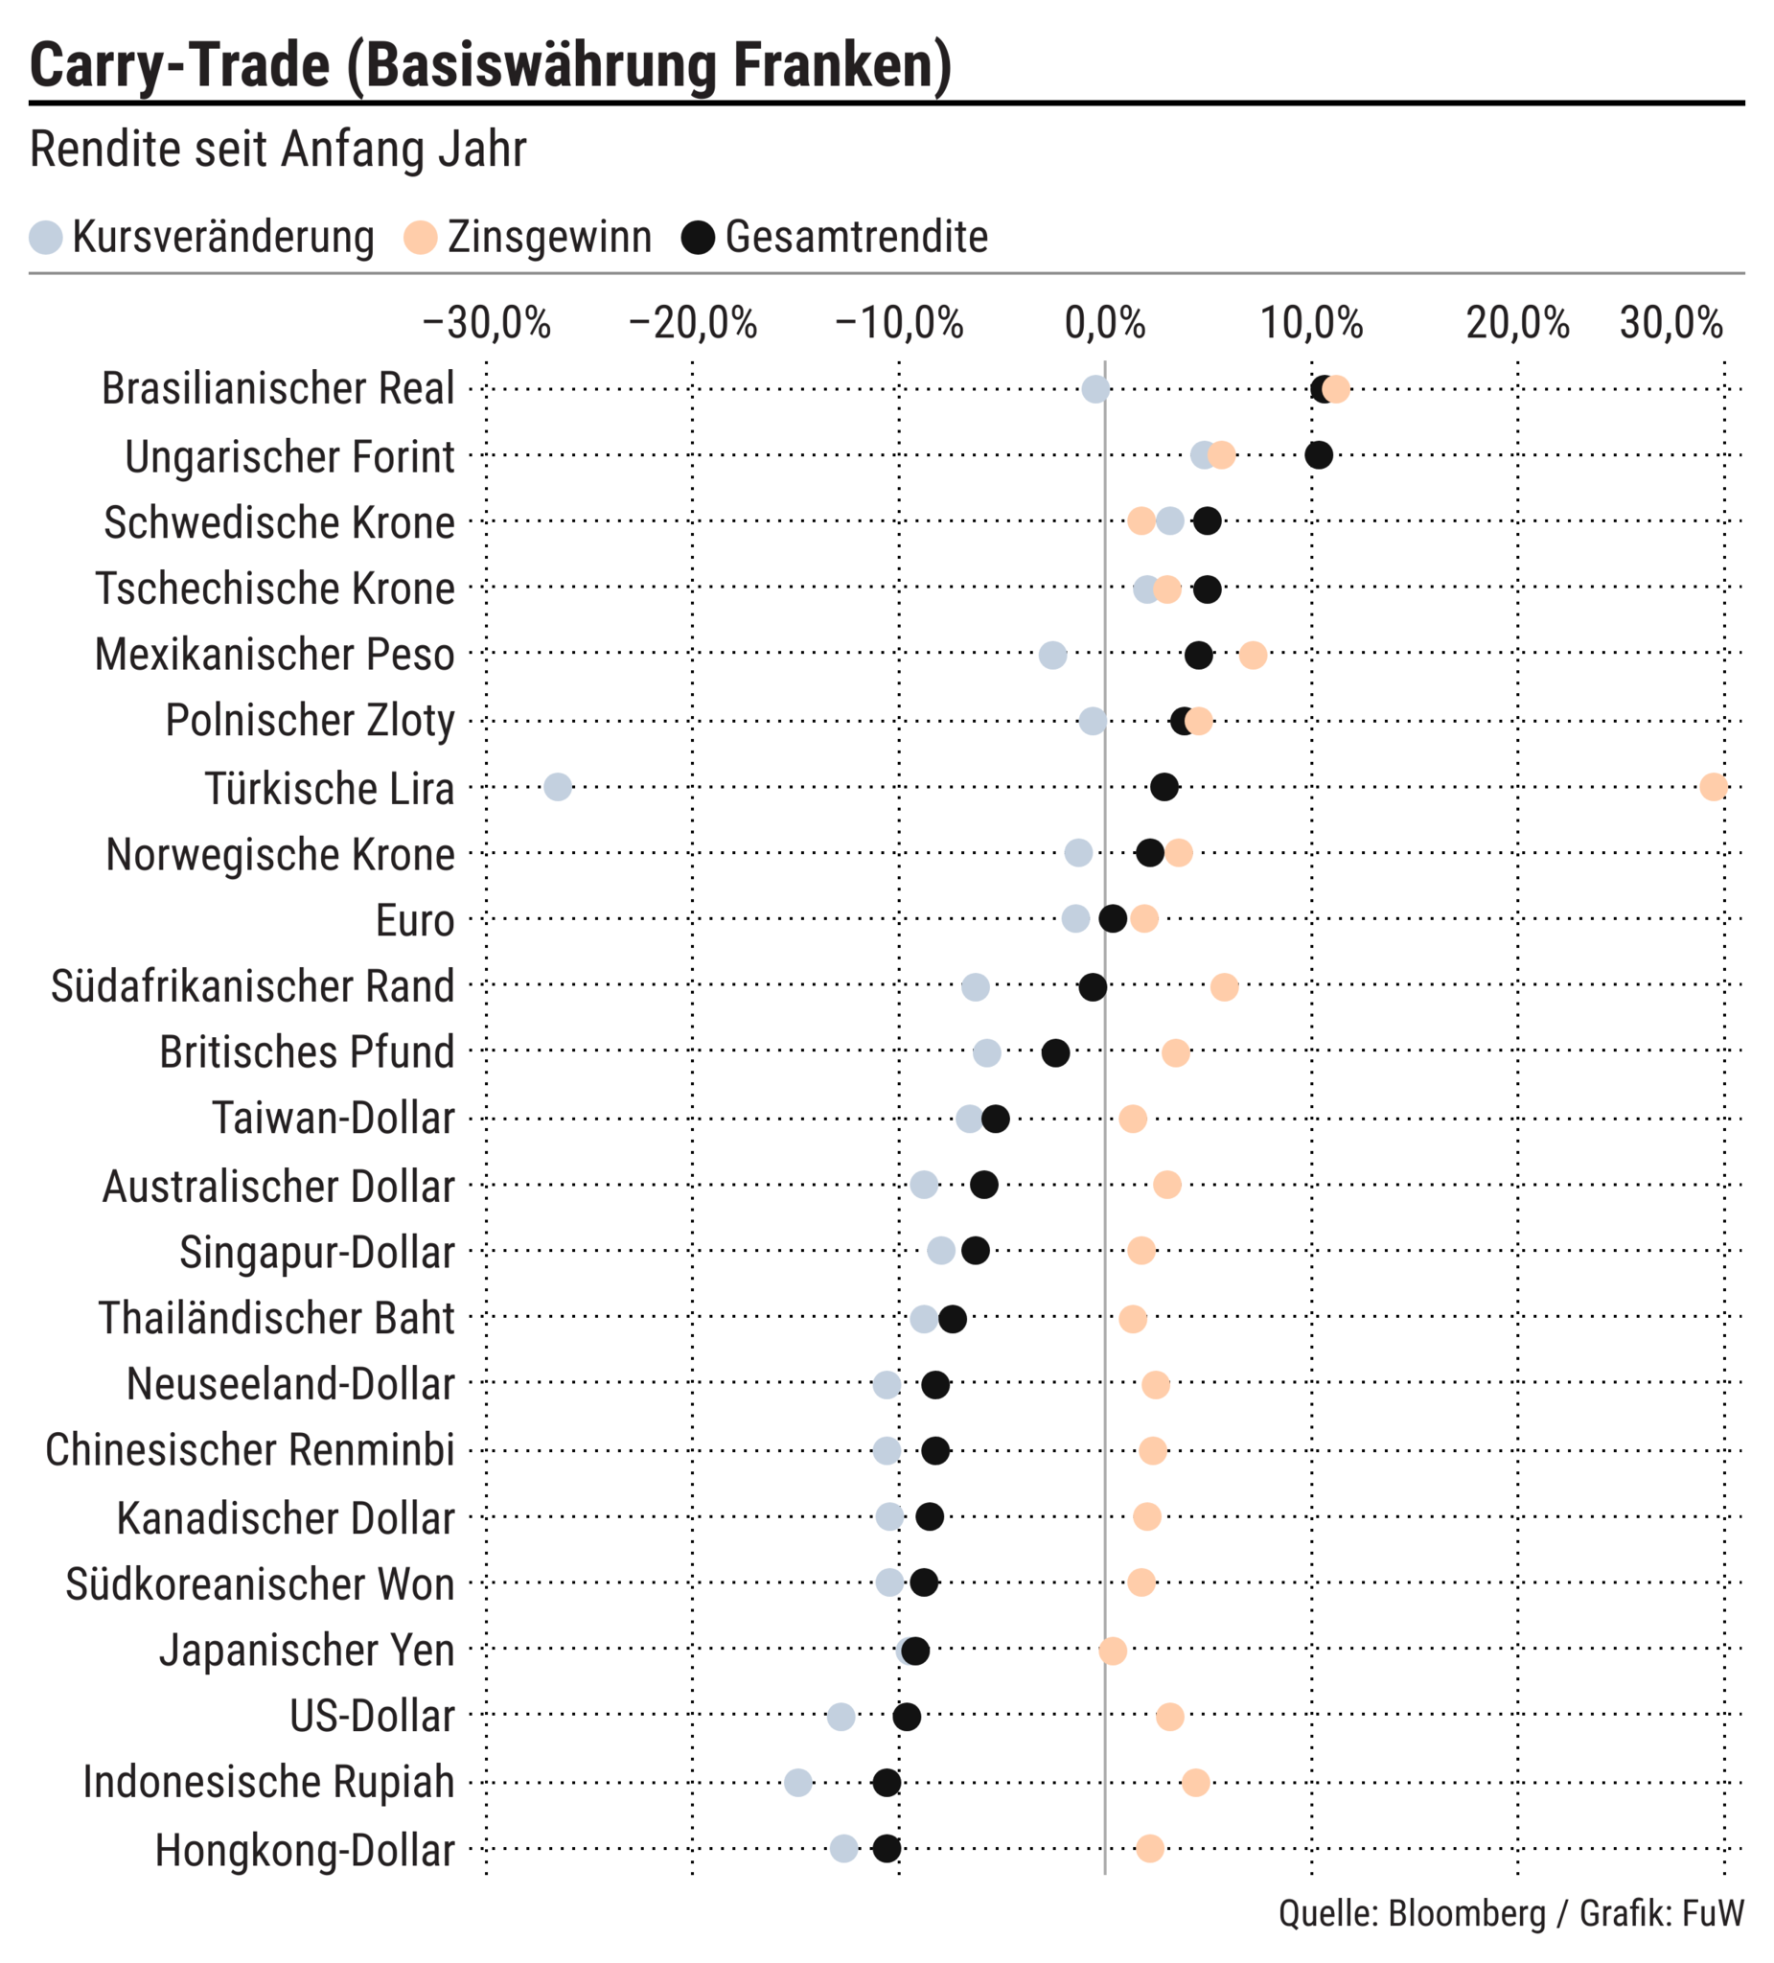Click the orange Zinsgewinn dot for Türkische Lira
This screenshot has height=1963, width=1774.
tap(1713, 787)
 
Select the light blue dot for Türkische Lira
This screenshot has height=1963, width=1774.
tap(558, 787)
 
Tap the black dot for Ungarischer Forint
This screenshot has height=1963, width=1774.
tap(1319, 454)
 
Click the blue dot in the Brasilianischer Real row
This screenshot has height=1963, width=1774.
tap(1095, 389)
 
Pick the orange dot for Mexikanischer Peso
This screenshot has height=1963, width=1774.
tap(1253, 656)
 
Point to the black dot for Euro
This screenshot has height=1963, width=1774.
tap(1113, 918)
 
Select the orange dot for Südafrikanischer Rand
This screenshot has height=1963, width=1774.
tap(1224, 987)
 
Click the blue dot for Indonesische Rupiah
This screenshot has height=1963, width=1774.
tap(798, 1783)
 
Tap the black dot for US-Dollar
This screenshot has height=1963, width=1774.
tap(907, 1717)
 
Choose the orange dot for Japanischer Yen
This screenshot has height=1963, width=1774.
tap(1113, 1651)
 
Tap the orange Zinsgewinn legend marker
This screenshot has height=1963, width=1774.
tap(421, 238)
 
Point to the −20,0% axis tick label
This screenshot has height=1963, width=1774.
tap(692, 323)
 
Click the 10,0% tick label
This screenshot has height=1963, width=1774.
tap(1311, 323)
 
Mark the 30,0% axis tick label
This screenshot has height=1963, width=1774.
tap(1670, 323)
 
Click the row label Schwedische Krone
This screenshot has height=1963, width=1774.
tap(280, 523)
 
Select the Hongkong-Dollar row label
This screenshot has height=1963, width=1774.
tap(305, 1850)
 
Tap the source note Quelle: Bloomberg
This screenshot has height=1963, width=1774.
tap(1411, 1913)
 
